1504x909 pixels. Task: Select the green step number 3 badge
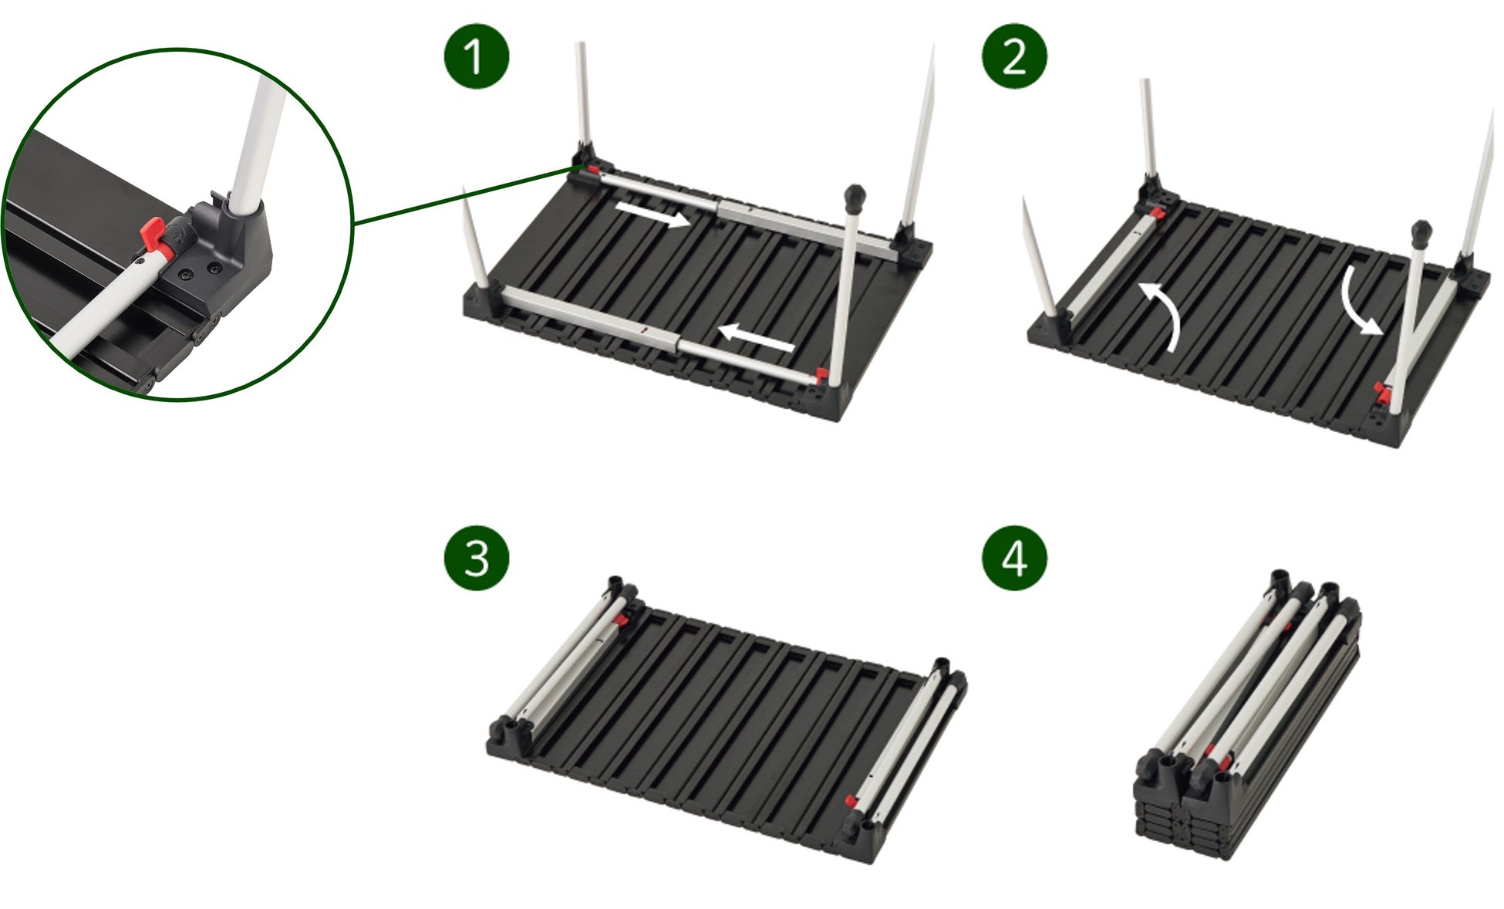pyautogui.click(x=476, y=558)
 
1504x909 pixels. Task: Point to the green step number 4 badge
pyautogui.click(x=1013, y=558)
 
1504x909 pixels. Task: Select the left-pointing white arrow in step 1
pyautogui.click(x=756, y=337)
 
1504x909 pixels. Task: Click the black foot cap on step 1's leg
pyautogui.click(x=855, y=198)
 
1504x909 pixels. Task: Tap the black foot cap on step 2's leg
pyautogui.click(x=1421, y=234)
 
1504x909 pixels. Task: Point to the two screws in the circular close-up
pyautogui.click(x=201, y=271)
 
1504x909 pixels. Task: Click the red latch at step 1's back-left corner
pyautogui.click(x=592, y=169)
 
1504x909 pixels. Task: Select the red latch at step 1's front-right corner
pyautogui.click(x=821, y=377)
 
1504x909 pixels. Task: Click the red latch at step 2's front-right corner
pyautogui.click(x=1381, y=394)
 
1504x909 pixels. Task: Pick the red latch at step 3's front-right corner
pyautogui.click(x=851, y=800)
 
